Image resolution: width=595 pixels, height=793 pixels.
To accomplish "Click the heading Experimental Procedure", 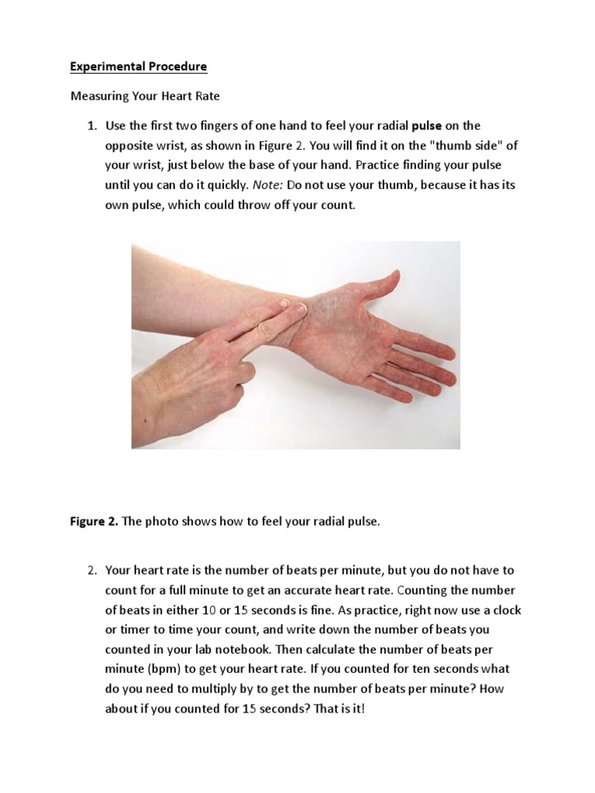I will point(139,67).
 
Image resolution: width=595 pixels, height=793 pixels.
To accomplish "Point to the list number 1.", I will point(91,125).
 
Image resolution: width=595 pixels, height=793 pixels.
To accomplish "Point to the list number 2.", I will point(91,570).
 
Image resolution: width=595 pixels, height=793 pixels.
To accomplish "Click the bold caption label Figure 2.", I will point(94,521).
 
